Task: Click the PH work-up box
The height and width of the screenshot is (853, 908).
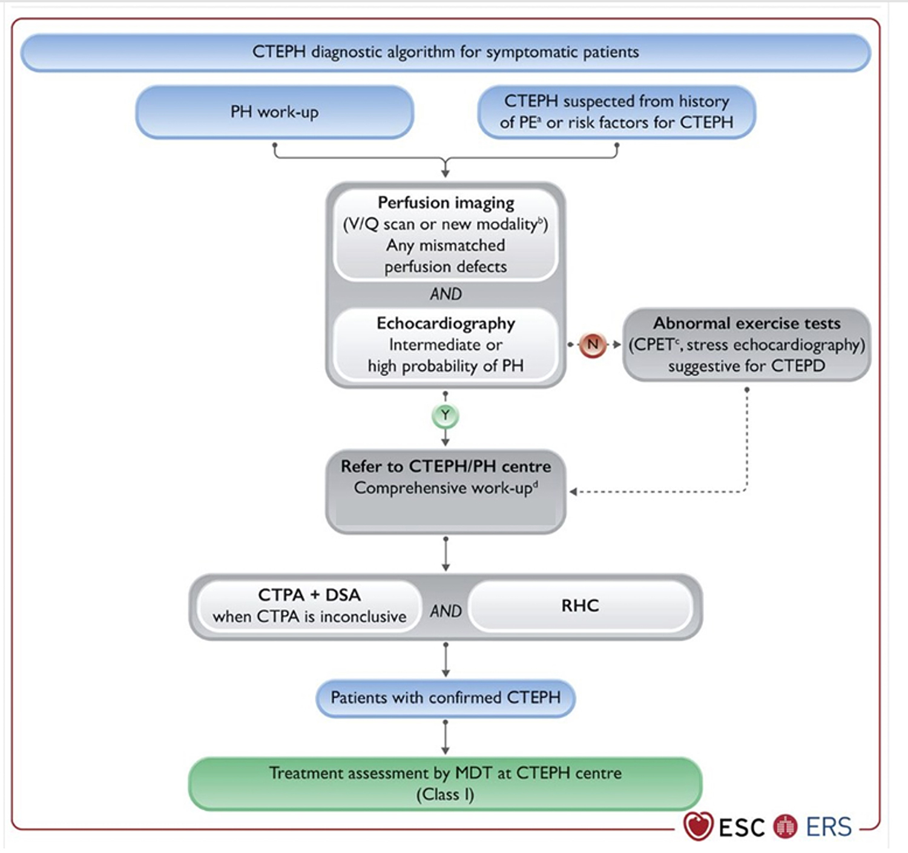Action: (x=274, y=112)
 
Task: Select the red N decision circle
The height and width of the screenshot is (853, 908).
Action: (x=593, y=344)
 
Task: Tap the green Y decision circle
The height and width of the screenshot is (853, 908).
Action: (x=446, y=415)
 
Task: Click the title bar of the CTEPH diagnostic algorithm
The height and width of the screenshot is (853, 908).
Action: (x=446, y=52)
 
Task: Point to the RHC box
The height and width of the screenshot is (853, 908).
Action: (x=580, y=606)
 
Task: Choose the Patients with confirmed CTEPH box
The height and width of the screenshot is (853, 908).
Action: (x=446, y=698)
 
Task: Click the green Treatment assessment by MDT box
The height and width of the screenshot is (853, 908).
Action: (x=446, y=783)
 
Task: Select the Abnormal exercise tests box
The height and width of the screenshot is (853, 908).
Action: (x=746, y=344)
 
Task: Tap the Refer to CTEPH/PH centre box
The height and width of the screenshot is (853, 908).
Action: (x=446, y=490)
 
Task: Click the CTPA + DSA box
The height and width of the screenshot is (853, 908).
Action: (x=309, y=606)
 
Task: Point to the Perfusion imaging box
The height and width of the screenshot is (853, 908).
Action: (x=446, y=234)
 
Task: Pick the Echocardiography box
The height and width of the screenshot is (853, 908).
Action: (x=446, y=344)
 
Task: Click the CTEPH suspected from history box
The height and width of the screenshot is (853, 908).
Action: (x=616, y=112)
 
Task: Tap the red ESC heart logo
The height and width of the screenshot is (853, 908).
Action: (x=698, y=826)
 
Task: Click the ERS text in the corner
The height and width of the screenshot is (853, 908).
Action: (x=829, y=827)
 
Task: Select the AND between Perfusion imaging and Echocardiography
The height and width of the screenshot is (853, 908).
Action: (x=446, y=294)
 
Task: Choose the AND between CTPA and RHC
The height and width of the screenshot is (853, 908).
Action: (x=446, y=611)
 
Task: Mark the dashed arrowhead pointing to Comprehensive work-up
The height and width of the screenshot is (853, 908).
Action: (x=573, y=492)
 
